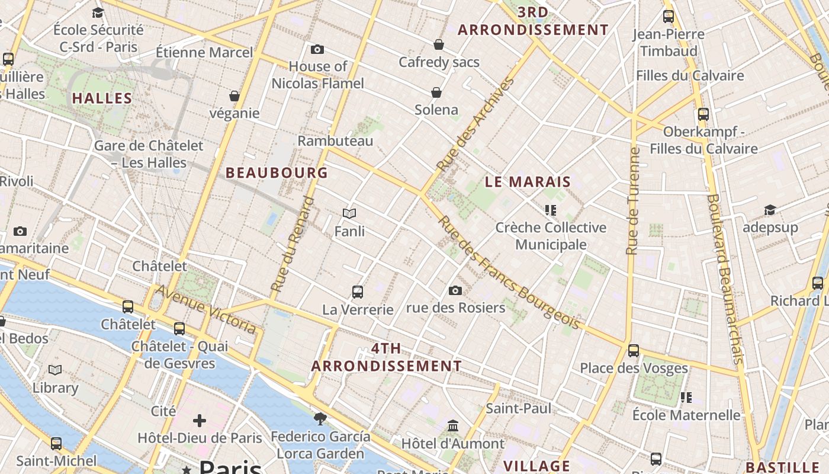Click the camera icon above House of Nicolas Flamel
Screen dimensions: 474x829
click(317, 49)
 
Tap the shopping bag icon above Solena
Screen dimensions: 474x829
click(436, 92)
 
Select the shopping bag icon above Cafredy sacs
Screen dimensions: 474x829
click(439, 44)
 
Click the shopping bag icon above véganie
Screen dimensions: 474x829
click(234, 96)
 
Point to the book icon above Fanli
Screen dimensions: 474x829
click(349, 213)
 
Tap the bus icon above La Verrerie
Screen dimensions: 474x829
click(358, 292)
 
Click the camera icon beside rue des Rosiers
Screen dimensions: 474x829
click(455, 290)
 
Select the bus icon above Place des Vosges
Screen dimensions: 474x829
click(634, 350)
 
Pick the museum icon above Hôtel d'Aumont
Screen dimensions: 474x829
click(453, 425)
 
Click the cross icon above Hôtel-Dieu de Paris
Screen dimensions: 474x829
click(200, 421)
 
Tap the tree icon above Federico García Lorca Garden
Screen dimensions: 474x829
click(320, 419)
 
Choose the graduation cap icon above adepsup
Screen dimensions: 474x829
click(770, 210)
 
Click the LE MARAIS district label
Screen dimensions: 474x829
click(528, 182)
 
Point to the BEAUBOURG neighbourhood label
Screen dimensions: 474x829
click(277, 172)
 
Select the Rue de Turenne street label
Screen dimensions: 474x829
click(633, 201)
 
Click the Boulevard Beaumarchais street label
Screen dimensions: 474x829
click(725, 278)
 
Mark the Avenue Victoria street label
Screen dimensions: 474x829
click(205, 309)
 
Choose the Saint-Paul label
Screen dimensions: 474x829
click(518, 408)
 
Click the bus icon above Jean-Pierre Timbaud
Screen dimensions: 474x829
click(669, 17)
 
